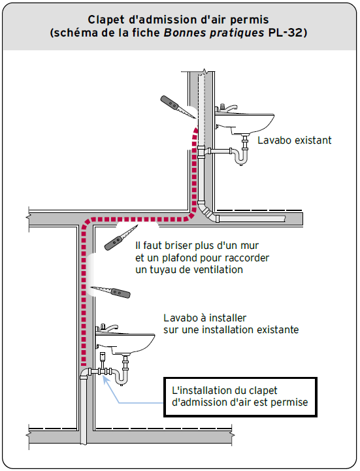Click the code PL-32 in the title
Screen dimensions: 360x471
(x=285, y=33)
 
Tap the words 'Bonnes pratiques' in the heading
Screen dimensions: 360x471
(x=214, y=33)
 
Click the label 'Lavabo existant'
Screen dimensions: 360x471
(x=295, y=140)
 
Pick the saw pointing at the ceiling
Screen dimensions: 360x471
(x=121, y=237)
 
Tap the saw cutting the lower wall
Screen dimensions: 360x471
(x=111, y=292)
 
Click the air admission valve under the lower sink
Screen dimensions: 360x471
(x=103, y=359)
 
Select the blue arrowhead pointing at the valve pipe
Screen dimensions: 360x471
(x=105, y=379)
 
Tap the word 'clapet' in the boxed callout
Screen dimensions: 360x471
(x=262, y=391)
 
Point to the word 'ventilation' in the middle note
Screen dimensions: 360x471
(x=218, y=270)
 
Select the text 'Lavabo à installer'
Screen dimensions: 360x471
(x=205, y=317)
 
